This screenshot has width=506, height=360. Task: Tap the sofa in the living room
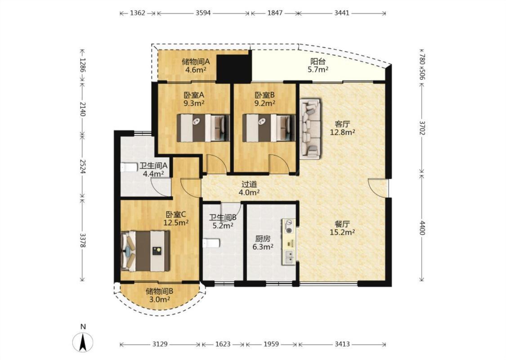(x=310, y=129)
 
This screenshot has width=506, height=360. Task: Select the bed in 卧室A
(x=203, y=128)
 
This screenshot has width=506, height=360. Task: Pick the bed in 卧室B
(x=269, y=128)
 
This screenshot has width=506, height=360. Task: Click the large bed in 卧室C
(x=145, y=251)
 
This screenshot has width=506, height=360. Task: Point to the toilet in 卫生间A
(x=129, y=167)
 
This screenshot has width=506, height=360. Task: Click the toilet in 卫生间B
(x=211, y=243)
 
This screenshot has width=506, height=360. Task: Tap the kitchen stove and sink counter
(x=289, y=242)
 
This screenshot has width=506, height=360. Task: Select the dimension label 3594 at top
(x=203, y=13)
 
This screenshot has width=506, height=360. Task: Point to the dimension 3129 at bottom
(x=160, y=344)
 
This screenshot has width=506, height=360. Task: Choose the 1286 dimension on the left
(x=83, y=66)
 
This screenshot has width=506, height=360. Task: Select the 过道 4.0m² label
(x=249, y=189)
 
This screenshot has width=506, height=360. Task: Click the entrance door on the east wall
(x=378, y=188)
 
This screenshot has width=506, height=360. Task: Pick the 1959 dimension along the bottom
(x=271, y=344)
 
